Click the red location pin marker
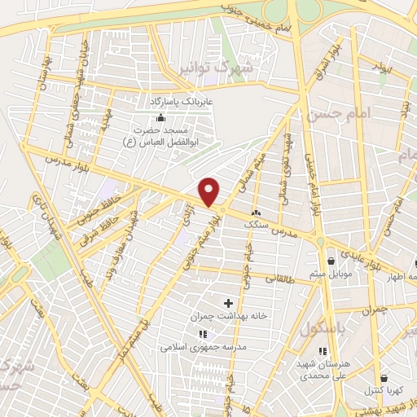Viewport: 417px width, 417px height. pos(210,191)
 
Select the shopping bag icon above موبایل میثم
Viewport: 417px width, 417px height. pos(331,260)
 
